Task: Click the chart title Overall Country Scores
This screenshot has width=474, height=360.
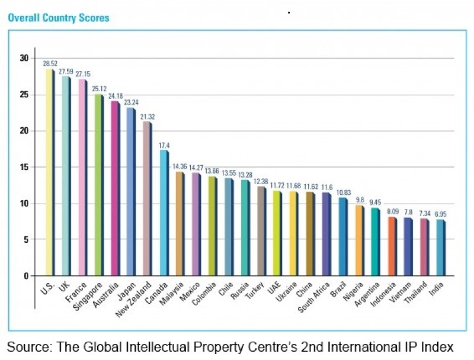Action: (58, 18)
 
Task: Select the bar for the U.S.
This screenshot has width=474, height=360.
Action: (50, 172)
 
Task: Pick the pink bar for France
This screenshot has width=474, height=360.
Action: (82, 177)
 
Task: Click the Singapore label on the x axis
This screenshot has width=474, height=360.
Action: (95, 297)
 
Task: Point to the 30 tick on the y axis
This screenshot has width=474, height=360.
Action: (24, 58)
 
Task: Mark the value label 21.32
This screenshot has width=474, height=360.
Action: (148, 117)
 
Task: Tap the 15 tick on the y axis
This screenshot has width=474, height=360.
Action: (24, 167)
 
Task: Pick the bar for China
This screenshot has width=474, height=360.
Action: (310, 233)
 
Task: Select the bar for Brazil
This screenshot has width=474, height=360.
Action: (342, 236)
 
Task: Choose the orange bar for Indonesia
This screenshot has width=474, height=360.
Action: (392, 246)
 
